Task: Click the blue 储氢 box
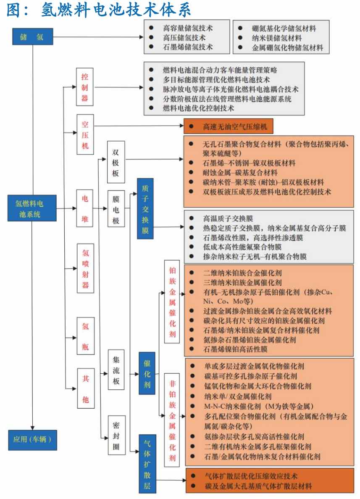pyautogui.click(x=32, y=37)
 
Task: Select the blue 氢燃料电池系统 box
pyautogui.click(x=32, y=208)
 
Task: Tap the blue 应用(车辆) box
pyautogui.click(x=32, y=440)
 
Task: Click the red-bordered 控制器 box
pyautogui.click(x=84, y=87)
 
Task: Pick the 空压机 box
pyautogui.click(x=85, y=134)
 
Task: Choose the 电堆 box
pyautogui.click(x=84, y=208)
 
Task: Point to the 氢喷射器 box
pyautogui.click(x=86, y=268)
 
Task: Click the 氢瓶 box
pyautogui.click(x=86, y=336)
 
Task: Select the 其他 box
pyautogui.click(x=86, y=388)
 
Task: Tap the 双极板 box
pyautogui.click(x=116, y=162)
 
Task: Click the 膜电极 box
pyautogui.click(x=116, y=208)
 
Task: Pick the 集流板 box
pyautogui.click(x=116, y=370)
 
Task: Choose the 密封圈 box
pyautogui.click(x=116, y=435)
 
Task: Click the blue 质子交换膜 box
pyautogui.click(x=145, y=209)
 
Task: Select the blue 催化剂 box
pyautogui.click(x=147, y=373)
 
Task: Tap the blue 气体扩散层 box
pyautogui.click(x=147, y=464)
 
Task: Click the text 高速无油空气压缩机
pyautogui.click(x=235, y=127)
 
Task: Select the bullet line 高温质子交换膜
pyautogui.click(x=228, y=218)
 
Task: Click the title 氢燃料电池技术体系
pyautogui.click(x=116, y=10)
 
